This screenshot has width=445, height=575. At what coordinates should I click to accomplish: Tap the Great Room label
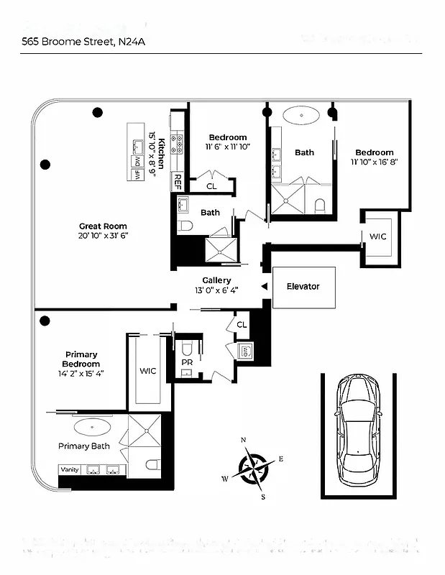click(x=103, y=226)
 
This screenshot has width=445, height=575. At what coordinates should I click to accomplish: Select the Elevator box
click(x=303, y=287)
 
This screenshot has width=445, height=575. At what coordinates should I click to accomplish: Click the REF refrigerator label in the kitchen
click(x=178, y=182)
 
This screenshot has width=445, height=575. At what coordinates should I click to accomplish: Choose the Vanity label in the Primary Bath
click(x=70, y=469)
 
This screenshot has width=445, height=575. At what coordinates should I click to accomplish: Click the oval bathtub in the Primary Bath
click(x=91, y=427)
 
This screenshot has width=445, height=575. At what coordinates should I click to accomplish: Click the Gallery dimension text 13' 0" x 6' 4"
click(x=215, y=290)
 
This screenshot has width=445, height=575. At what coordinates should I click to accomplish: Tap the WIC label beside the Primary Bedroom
click(x=148, y=371)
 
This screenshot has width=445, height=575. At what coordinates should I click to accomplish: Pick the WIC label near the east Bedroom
click(x=377, y=236)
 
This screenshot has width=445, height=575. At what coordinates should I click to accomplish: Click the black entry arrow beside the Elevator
click(x=265, y=287)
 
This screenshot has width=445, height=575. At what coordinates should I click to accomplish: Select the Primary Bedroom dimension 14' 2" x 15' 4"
click(x=81, y=373)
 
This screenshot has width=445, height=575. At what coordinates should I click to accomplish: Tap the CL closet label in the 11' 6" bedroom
click(x=211, y=186)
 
